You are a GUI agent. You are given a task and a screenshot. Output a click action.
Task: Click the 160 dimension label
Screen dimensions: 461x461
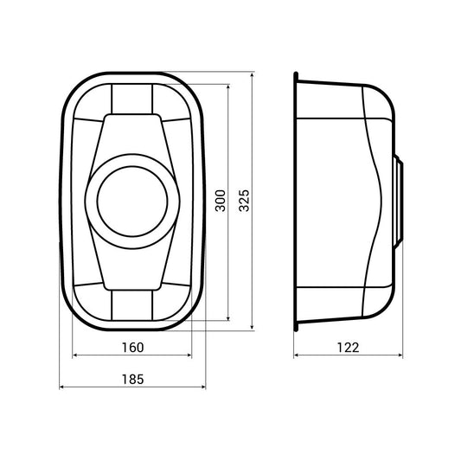point(133,348)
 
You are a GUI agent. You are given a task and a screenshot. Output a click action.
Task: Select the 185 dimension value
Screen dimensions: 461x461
point(133,380)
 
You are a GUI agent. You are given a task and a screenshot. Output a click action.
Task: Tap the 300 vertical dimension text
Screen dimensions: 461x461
point(221,201)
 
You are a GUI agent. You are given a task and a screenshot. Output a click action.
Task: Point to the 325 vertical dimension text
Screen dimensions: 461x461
point(244,201)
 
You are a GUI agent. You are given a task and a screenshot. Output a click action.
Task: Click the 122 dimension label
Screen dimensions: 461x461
point(348,348)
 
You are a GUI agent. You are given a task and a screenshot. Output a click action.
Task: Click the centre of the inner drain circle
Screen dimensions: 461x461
point(132,202)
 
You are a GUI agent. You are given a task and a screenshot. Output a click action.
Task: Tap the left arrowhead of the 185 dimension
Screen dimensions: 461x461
point(61,387)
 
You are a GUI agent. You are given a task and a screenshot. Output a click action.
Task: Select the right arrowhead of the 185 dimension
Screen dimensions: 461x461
point(203,387)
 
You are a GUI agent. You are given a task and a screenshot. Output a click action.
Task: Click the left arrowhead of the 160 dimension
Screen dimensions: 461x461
point(74,355)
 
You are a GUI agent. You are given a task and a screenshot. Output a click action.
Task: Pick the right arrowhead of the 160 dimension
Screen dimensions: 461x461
point(189,355)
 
